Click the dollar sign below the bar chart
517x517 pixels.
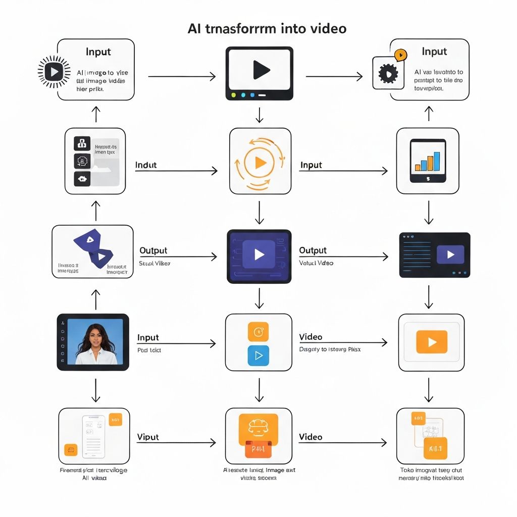428,178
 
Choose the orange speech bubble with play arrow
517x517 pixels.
400,55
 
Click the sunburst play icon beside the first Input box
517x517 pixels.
54,72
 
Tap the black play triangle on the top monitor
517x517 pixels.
260,70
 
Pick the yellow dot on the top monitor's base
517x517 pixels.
233,94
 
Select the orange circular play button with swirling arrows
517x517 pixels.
260,162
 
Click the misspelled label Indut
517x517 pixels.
146,165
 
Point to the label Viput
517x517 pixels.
148,437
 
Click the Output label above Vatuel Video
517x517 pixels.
313,250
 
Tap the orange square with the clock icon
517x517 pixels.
258,332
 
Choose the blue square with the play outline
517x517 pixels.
258,355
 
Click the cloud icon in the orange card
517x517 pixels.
258,425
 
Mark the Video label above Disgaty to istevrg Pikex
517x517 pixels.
311,337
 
